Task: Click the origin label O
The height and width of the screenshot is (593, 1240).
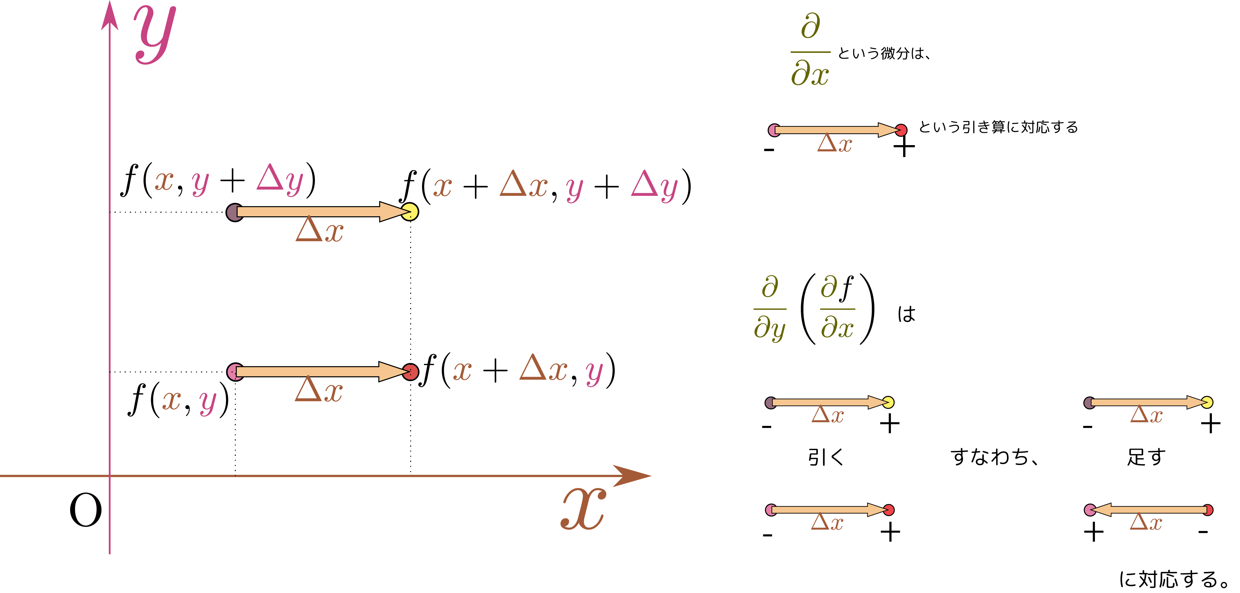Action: (86, 510)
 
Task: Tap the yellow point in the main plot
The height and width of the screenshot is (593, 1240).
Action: (410, 212)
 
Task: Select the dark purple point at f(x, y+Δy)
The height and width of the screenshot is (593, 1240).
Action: (235, 212)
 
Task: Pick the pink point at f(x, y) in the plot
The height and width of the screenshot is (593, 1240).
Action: (235, 372)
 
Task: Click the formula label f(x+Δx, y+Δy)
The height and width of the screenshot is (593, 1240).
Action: (545, 187)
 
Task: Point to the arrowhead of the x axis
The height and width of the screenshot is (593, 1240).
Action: (651, 476)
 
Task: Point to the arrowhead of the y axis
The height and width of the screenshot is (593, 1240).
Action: (110, 2)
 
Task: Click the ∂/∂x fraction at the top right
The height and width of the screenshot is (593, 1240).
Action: (810, 50)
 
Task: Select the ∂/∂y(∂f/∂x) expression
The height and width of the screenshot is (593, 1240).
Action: (814, 309)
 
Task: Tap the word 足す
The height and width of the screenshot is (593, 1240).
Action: (1146, 457)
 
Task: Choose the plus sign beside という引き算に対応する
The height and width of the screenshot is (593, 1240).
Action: (904, 147)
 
